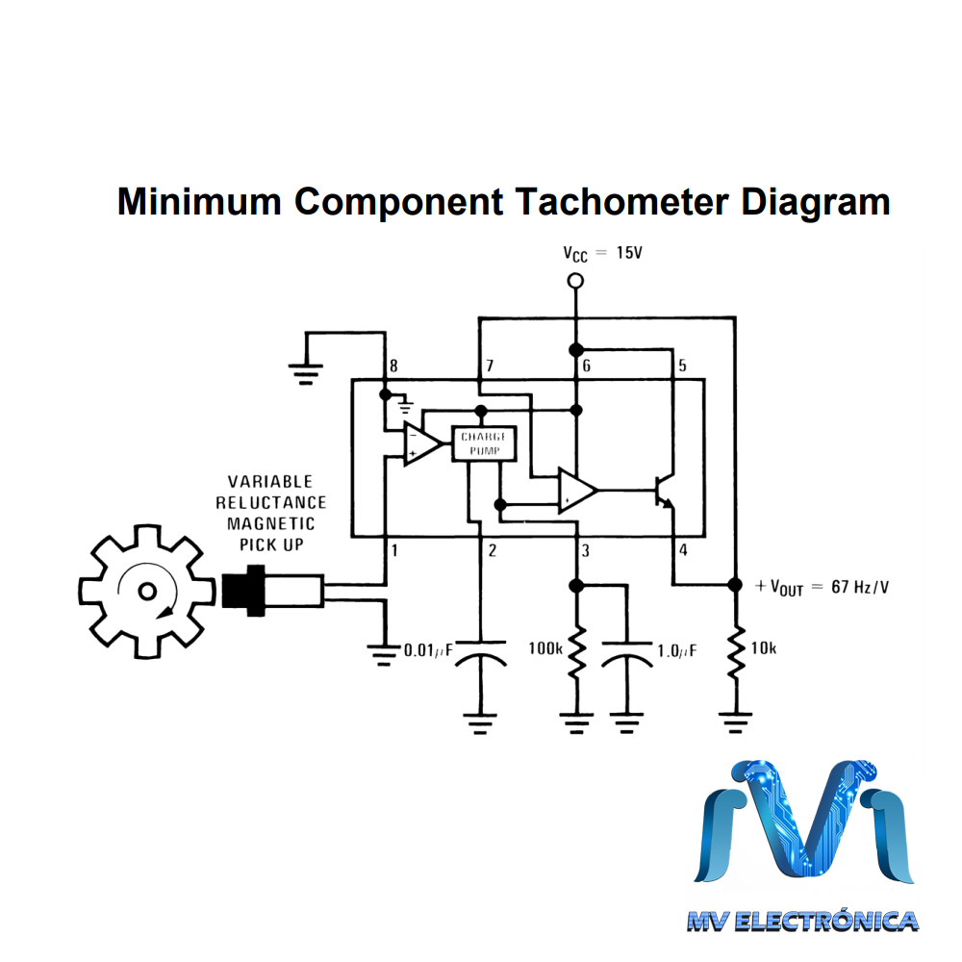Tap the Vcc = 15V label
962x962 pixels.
point(601,253)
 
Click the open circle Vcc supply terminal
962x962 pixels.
point(575,281)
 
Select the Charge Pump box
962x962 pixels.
point(484,443)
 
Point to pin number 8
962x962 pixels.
point(392,367)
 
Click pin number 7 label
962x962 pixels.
point(490,367)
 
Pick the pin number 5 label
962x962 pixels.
point(682,367)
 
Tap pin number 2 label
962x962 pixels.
point(492,551)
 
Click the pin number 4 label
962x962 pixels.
point(683,551)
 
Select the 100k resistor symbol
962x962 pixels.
point(575,653)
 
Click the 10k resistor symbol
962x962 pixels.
point(734,653)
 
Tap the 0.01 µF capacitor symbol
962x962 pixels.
point(479,660)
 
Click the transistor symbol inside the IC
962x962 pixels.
point(664,490)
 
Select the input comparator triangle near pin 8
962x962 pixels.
point(421,443)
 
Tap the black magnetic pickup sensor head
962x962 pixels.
point(242,591)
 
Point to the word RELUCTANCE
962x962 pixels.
point(270,502)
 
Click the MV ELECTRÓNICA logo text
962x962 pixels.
point(801,922)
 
